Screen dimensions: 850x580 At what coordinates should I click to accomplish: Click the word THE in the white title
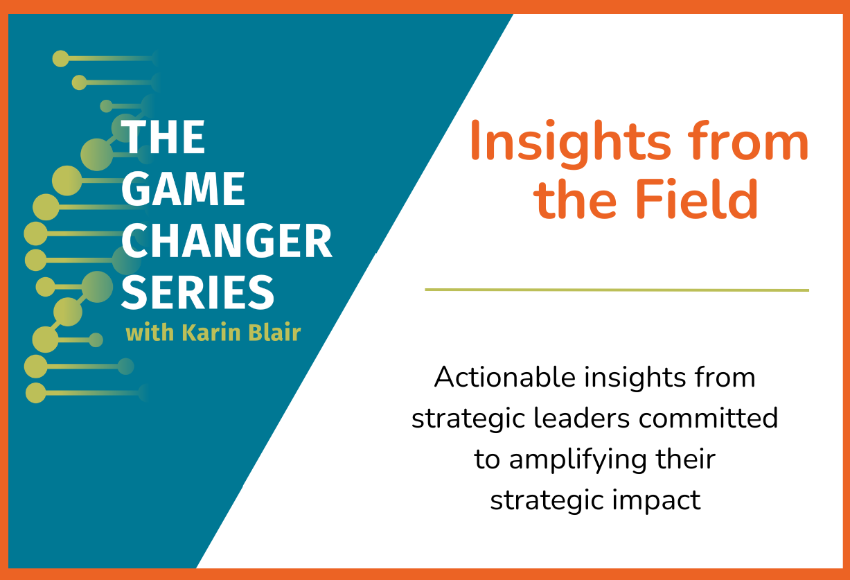163,137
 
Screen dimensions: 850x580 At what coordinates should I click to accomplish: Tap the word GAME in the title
184,188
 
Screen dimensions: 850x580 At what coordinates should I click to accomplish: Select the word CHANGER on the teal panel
227,240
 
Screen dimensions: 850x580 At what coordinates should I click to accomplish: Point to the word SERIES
197,292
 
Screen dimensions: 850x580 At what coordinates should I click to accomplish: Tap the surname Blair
274,333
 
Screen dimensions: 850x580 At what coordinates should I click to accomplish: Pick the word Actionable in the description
505,377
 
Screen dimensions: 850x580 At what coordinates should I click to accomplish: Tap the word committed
708,419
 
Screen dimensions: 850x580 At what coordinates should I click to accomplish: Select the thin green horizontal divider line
617,290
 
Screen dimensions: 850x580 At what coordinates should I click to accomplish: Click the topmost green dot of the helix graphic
61,59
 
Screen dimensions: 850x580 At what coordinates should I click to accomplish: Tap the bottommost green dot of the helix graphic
35,393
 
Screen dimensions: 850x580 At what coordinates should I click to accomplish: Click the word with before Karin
150,333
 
